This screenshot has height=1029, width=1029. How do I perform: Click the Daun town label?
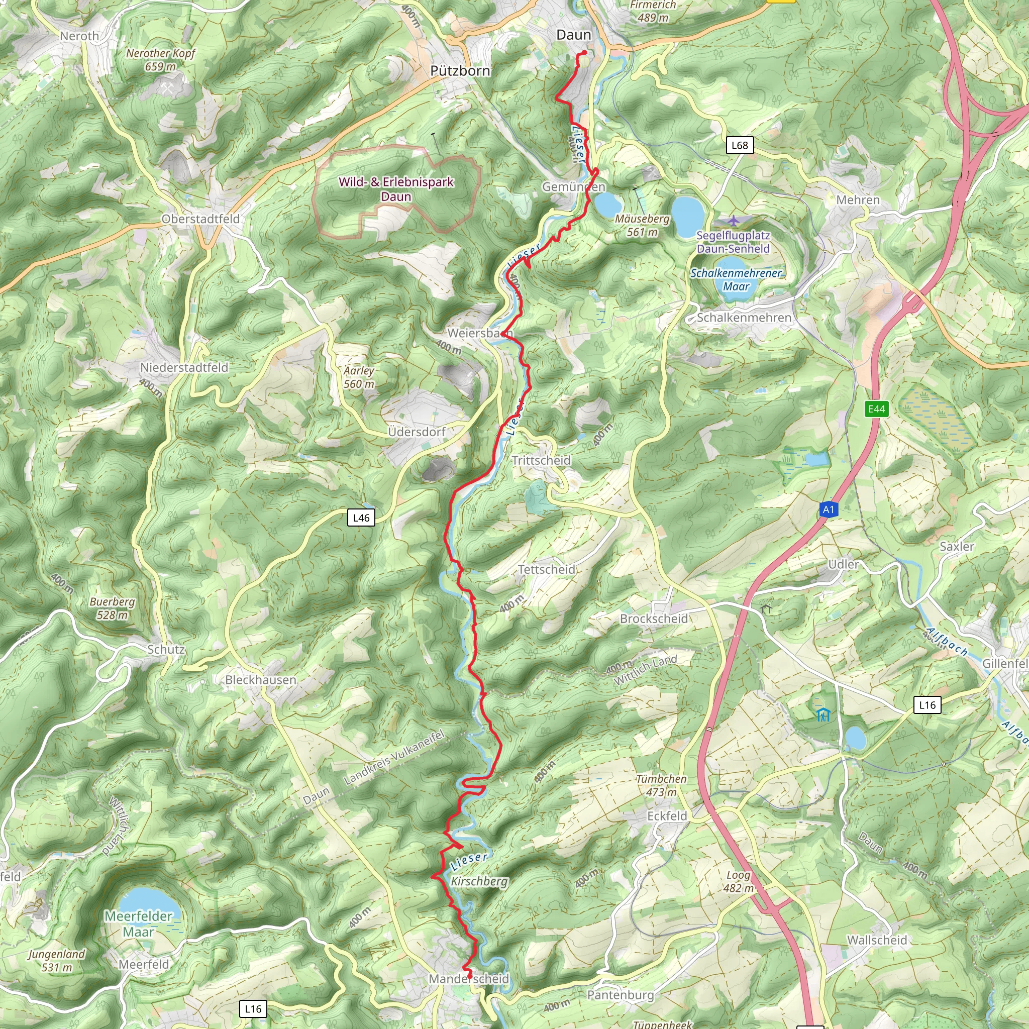click(574, 35)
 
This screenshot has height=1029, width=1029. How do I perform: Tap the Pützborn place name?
click(460, 71)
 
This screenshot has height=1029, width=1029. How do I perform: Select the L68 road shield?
click(740, 145)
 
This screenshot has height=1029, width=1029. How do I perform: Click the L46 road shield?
click(361, 518)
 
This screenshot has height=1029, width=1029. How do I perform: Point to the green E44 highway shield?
click(877, 409)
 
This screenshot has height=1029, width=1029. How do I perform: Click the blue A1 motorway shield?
click(828, 509)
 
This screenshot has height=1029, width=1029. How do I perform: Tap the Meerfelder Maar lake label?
click(139, 923)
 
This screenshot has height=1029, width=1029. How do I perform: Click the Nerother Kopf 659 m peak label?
click(160, 60)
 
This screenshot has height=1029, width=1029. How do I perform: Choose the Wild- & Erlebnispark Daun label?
click(396, 189)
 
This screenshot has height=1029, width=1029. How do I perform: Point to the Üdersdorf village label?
click(417, 432)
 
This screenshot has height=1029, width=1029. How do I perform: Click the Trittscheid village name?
click(541, 460)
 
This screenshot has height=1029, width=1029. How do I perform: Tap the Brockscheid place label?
click(654, 619)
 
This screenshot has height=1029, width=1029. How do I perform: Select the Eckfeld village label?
click(667, 816)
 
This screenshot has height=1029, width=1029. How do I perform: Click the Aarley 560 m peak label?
click(359, 377)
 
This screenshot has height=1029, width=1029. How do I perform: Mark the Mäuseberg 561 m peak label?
click(642, 225)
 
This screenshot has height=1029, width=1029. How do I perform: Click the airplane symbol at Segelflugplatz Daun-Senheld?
click(734, 220)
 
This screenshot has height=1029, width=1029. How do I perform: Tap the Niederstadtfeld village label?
click(184, 367)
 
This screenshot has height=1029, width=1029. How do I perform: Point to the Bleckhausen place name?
click(260, 680)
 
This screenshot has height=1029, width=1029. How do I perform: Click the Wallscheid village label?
click(877, 940)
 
